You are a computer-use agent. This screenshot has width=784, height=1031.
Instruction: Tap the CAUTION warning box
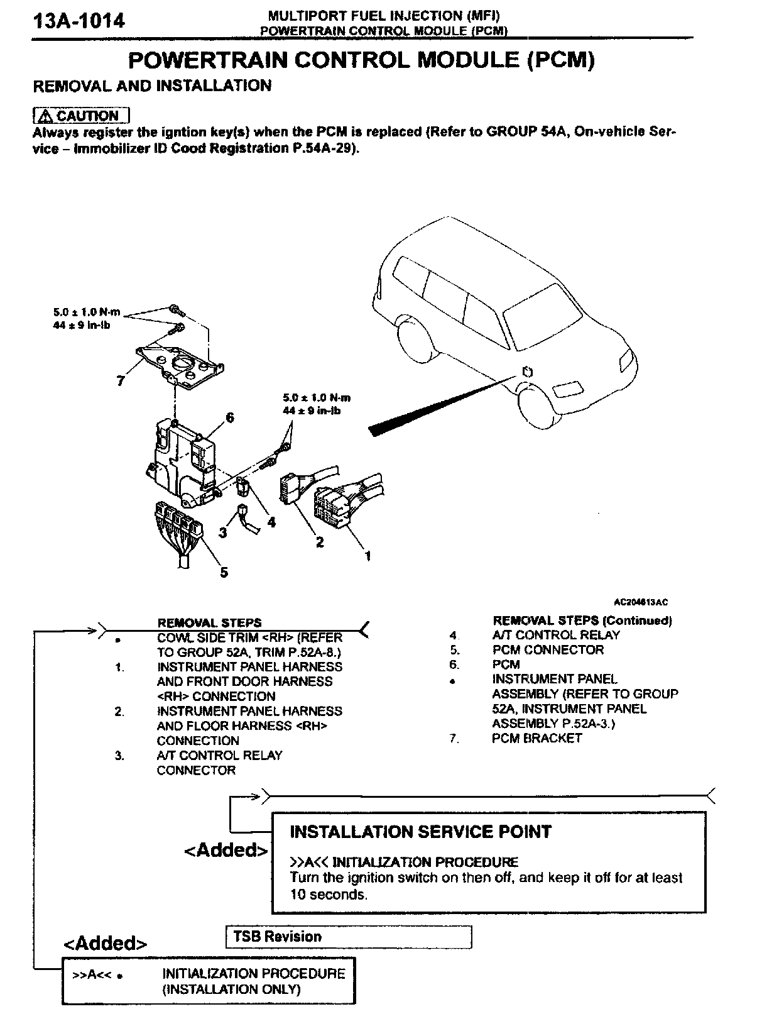(81, 116)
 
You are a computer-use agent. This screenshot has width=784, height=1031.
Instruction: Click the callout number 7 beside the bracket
(121, 380)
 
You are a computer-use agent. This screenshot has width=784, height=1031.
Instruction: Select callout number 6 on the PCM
(230, 417)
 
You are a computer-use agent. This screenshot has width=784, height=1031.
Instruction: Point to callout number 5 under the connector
(224, 571)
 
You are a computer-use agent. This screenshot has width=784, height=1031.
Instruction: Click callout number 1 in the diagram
(367, 556)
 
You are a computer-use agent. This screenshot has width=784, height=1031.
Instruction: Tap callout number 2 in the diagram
(320, 541)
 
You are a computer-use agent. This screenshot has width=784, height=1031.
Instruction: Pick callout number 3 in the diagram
(222, 532)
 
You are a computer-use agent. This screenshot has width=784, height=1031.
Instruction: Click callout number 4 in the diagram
(271, 521)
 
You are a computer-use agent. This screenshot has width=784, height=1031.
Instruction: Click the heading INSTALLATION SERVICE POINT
(420, 832)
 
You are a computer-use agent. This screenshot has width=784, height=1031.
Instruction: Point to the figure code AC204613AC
(641, 602)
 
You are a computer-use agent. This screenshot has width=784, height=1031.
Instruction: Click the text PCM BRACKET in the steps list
(536, 738)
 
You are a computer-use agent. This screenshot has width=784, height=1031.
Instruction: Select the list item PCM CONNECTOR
(548, 649)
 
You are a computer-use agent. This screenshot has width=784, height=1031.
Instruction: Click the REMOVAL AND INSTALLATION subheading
(152, 85)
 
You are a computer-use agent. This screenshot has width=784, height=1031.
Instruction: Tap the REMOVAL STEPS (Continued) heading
(582, 620)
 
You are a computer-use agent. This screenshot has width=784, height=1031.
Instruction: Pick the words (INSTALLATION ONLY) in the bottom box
(231, 989)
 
